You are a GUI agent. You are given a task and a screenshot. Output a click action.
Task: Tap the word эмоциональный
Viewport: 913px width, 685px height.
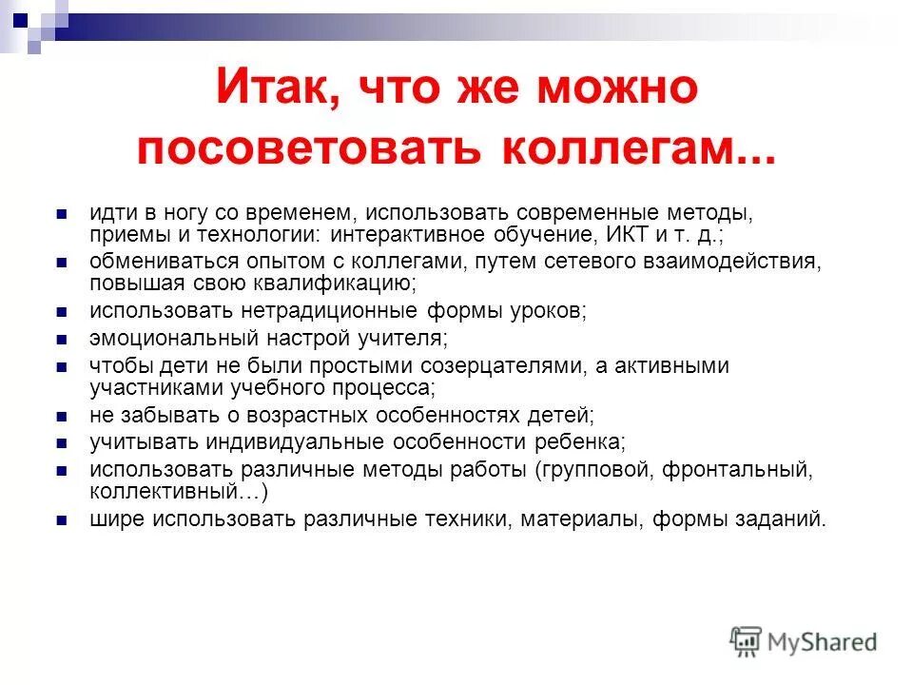[163, 339]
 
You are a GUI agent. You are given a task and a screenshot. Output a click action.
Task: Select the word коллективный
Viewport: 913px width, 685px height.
[175, 492]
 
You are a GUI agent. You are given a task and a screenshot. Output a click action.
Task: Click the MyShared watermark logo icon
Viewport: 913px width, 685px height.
[747, 641]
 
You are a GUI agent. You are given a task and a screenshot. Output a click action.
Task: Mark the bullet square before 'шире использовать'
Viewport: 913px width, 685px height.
[62, 520]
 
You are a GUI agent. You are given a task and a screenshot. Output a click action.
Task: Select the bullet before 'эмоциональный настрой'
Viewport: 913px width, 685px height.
[62, 340]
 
